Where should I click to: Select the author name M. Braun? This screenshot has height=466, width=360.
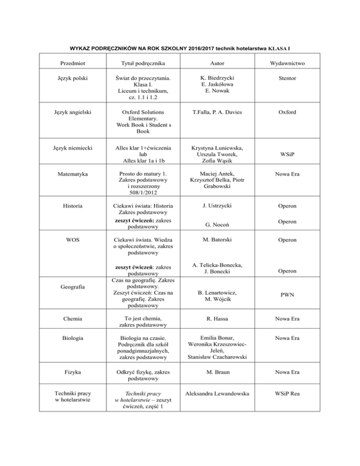pos(216,372)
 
